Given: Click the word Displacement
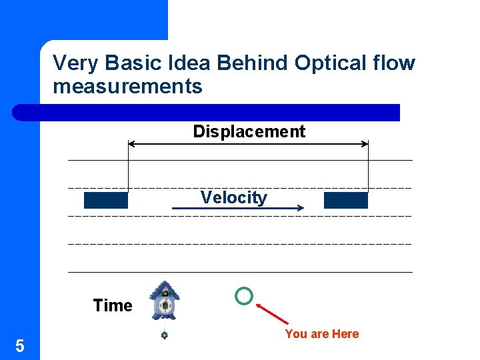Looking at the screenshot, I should tap(249, 131).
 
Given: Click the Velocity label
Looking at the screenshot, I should tap(233, 197).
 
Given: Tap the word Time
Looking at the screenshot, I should tap(113, 305).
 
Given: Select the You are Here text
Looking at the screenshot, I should tap(321, 334).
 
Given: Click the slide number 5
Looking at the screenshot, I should tap(20, 345).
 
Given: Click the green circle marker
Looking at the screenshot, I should tap(244, 296).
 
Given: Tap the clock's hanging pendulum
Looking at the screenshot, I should tap(164, 335).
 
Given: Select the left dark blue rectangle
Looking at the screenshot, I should tap(105, 200).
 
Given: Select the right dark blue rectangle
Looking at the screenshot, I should tap(345, 200).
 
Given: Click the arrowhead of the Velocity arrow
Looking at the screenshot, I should tap(300, 209).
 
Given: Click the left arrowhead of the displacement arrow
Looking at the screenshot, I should tap(131, 143).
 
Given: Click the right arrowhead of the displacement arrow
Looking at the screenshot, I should tap(365, 143).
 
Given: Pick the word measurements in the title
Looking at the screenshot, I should tap(127, 86).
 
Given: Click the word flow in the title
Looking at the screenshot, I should tap(395, 63).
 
